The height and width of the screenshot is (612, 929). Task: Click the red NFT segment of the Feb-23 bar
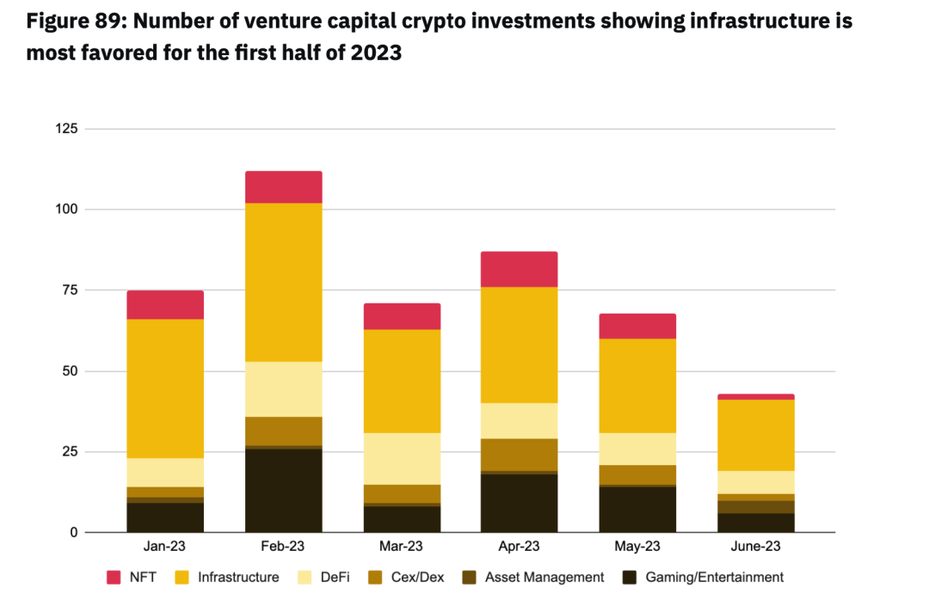click(x=283, y=187)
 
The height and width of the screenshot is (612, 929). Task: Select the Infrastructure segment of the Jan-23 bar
click(x=165, y=389)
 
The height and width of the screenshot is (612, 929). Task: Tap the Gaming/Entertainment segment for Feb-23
click(x=283, y=491)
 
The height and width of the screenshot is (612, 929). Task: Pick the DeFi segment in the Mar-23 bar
click(x=402, y=458)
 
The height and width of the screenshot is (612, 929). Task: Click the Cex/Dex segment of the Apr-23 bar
click(x=520, y=455)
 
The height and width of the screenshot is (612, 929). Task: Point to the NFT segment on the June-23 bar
click(x=755, y=397)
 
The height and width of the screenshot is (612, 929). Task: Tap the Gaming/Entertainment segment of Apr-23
click(x=520, y=504)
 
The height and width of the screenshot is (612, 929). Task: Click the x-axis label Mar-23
click(x=402, y=547)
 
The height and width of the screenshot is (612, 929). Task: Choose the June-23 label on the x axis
click(x=755, y=547)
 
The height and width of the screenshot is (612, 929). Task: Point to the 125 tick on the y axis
click(x=67, y=129)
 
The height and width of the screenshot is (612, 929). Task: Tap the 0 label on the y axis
click(x=75, y=533)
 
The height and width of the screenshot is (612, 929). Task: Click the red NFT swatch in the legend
click(x=114, y=578)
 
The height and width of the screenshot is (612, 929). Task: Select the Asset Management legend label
click(x=544, y=578)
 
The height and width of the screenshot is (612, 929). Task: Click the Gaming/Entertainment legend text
click(x=715, y=578)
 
